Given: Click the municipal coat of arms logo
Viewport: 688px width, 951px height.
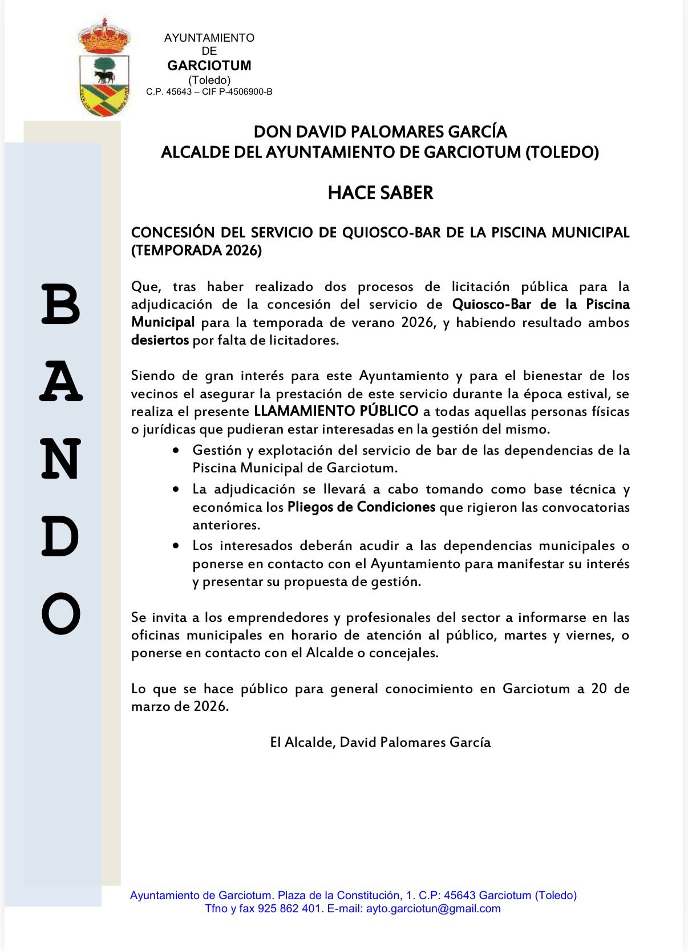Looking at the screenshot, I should point(104,68).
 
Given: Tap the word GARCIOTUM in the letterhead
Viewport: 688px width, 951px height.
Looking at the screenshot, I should point(209,66).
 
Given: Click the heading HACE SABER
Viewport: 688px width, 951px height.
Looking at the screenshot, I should point(381,193).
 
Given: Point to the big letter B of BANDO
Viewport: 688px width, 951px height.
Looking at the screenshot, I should point(60,304).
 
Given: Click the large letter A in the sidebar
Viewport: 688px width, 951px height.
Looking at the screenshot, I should point(61,382).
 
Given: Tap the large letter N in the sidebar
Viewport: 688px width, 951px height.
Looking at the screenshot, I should point(61,459).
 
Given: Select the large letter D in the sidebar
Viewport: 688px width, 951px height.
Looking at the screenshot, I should point(60,537).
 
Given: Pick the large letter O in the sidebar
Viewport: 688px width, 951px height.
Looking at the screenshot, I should point(61,614).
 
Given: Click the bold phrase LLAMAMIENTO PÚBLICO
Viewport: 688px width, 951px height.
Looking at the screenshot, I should point(336,411).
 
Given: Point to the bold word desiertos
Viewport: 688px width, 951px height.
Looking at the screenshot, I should point(160,341).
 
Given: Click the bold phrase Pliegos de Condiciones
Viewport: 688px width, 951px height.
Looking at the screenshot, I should point(361,507).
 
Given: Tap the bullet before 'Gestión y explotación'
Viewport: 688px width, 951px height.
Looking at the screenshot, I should point(176,451).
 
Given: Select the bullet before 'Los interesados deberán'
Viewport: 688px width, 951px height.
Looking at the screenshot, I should point(176,546).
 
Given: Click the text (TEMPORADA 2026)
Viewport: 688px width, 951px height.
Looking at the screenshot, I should point(196,250).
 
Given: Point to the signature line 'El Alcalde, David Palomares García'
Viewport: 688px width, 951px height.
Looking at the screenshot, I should point(381,742).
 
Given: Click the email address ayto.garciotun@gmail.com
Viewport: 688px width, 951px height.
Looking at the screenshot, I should point(433,909).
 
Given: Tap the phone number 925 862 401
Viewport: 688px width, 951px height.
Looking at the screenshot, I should point(290,909).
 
